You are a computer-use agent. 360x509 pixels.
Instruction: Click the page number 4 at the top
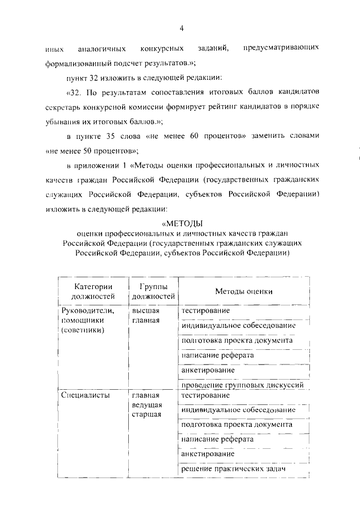pos(181,29)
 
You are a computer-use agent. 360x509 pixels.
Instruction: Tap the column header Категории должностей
pos(93,291)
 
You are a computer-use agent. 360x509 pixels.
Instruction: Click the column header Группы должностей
pos(152,291)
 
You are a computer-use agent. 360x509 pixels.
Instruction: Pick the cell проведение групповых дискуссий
pos(243,385)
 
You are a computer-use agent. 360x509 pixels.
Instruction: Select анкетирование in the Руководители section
pos(208,371)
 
